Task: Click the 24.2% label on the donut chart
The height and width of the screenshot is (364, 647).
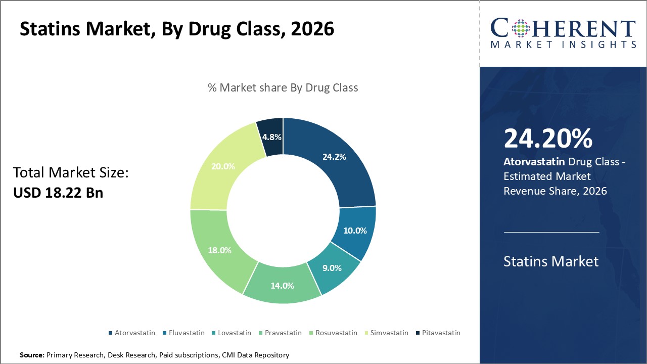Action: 334,157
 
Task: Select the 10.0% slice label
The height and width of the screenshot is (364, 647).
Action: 355,231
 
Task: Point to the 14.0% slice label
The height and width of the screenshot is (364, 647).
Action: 282,286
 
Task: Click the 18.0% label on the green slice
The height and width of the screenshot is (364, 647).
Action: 219,250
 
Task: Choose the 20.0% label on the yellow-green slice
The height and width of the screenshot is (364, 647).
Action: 223,166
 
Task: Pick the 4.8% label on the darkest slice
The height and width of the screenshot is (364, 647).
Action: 271,137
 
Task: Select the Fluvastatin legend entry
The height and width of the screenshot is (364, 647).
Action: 184,333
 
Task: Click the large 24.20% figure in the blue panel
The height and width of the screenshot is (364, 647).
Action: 548,139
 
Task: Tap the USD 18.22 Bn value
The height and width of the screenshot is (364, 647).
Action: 58,193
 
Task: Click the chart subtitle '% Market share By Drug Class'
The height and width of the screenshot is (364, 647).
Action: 283,87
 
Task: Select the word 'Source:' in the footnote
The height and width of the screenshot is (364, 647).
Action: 32,355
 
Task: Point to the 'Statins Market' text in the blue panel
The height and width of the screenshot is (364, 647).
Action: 551,261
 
